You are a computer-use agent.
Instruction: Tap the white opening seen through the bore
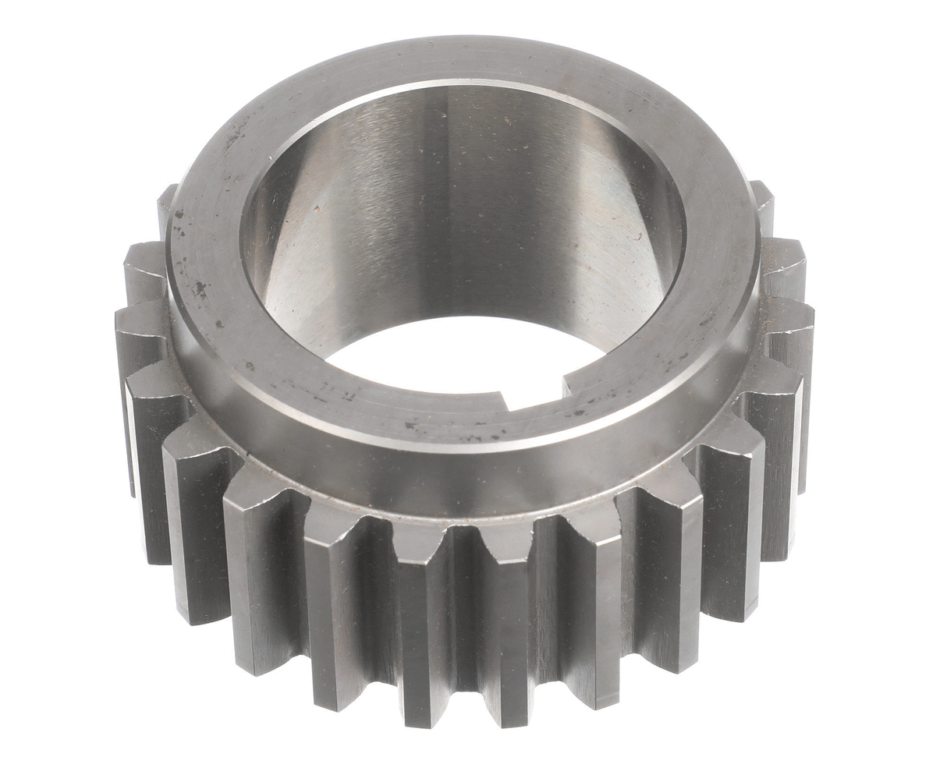460,355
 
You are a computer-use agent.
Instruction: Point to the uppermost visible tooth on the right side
762,199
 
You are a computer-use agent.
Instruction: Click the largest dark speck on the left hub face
200,289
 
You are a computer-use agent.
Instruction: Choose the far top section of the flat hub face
468,58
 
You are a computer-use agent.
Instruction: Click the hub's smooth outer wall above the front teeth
468,483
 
